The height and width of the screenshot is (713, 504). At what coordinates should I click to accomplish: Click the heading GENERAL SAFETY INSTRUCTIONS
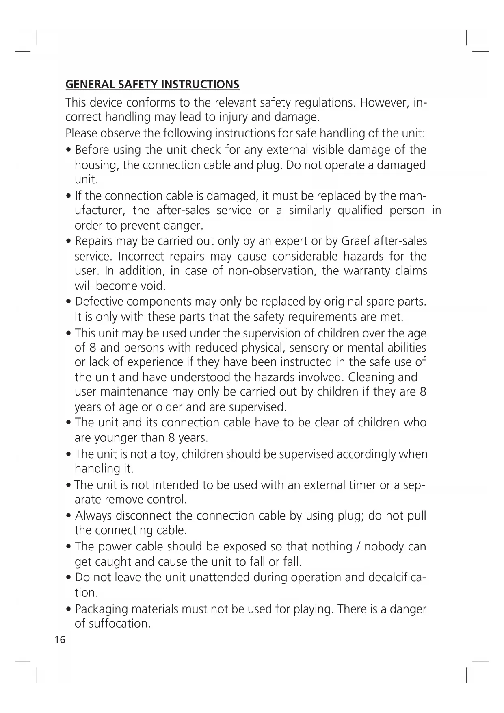152,85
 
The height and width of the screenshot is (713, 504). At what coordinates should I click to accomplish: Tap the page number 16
60,640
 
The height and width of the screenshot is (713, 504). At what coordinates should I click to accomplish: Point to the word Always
93,516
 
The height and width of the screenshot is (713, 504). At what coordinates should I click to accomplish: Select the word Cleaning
371,377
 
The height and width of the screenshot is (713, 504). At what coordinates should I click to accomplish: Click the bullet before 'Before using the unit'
69,150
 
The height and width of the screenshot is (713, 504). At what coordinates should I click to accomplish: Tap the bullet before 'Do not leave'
69,578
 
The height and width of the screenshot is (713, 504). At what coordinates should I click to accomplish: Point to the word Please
81,133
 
